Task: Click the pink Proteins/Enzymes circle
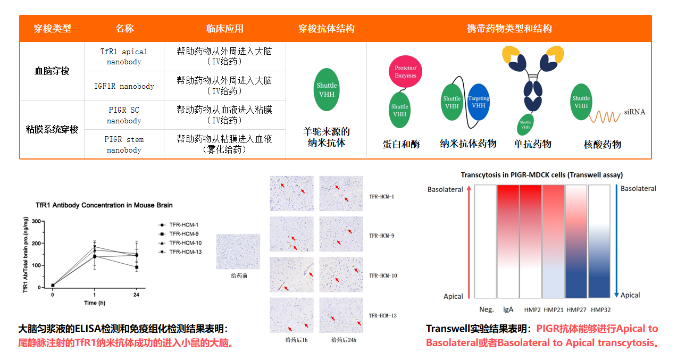click(405, 72)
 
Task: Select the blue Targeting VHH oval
click(479, 102)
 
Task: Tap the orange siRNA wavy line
click(605, 116)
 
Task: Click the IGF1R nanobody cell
click(124, 86)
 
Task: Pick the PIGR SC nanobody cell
click(124, 115)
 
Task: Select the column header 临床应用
click(224, 28)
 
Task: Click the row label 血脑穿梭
click(52, 71)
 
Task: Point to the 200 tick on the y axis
click(36, 244)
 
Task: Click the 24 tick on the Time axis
click(136, 295)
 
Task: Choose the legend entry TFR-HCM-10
click(180, 242)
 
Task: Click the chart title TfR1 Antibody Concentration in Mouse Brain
click(104, 205)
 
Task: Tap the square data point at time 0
click(53, 286)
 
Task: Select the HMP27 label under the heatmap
click(576, 310)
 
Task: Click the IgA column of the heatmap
click(508, 241)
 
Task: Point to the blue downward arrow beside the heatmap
click(616, 241)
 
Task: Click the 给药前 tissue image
click(238, 252)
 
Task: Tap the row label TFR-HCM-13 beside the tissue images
click(382, 315)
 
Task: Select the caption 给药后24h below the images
click(344, 340)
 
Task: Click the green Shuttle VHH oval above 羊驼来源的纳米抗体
click(327, 89)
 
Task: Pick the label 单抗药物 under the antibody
click(533, 144)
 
